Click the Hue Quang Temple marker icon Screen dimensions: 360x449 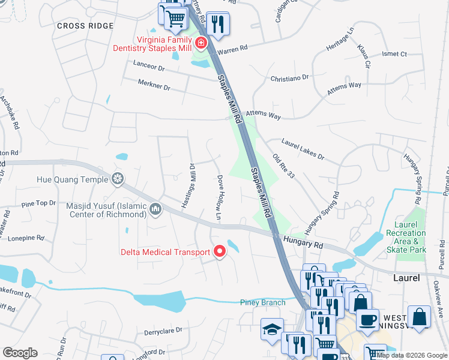[x=118, y=179]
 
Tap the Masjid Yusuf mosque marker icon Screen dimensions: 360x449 [x=156, y=209]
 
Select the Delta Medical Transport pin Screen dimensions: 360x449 [x=219, y=252]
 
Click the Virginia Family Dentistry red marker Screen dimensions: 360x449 [x=200, y=43]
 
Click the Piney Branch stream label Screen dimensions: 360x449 [x=263, y=302]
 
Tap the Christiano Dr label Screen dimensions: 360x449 [x=289, y=77]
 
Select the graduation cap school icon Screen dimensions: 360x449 [x=272, y=329]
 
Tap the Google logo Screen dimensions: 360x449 [x=20, y=353]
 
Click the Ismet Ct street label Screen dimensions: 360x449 [x=394, y=54]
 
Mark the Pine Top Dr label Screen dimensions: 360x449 [x=38, y=204]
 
